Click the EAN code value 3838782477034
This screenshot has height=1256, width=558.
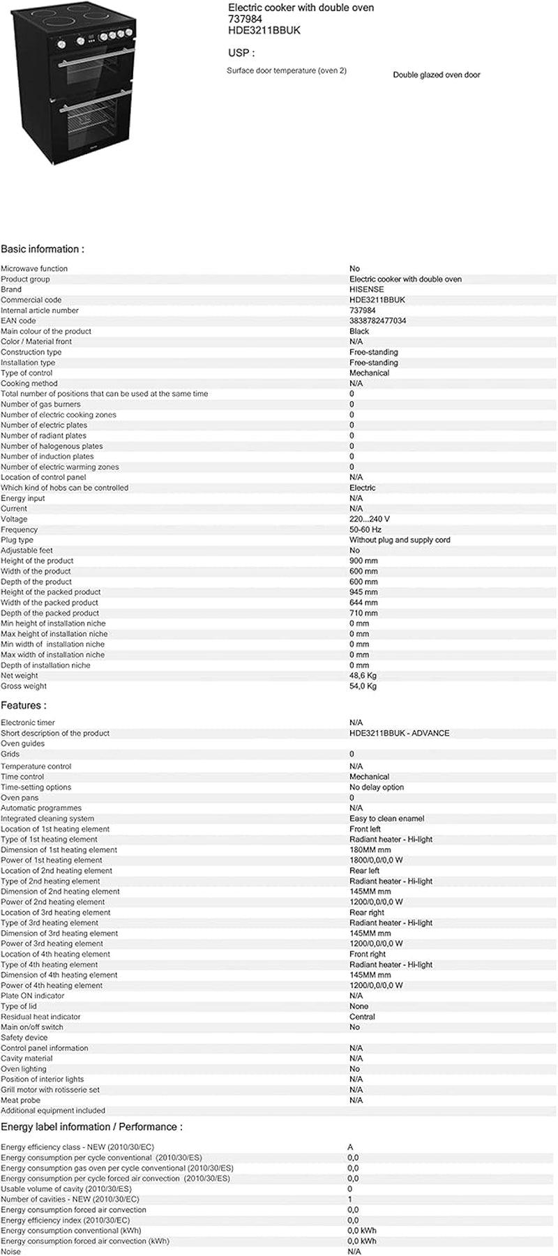click(377, 321)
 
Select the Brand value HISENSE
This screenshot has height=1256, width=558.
click(366, 289)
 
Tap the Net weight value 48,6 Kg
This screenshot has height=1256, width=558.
click(363, 676)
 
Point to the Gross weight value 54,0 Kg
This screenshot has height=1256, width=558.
click(363, 686)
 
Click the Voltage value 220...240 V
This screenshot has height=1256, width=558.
click(370, 519)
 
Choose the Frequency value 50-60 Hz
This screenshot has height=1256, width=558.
click(365, 529)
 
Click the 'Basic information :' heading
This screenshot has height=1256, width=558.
click(43, 249)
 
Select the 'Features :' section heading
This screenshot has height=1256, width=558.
click(24, 706)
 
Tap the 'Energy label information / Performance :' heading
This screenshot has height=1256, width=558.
click(91, 1127)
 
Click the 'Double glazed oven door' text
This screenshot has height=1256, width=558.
click(436, 75)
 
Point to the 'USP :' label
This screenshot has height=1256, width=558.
click(241, 53)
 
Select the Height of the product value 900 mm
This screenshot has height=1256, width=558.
click(363, 561)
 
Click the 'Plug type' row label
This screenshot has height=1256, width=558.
click(17, 540)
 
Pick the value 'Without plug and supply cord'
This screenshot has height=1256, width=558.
click(400, 540)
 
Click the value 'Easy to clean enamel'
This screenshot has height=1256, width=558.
click(386, 819)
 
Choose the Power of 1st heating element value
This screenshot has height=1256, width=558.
click(376, 861)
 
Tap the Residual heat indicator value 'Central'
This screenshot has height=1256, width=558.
click(362, 1017)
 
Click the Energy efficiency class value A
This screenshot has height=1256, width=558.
click(350, 1147)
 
